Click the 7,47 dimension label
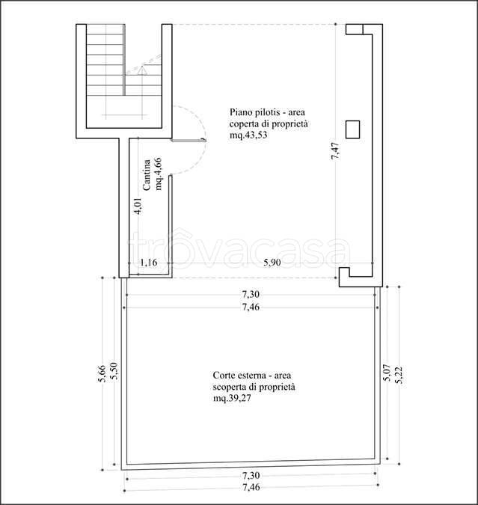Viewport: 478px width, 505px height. tap(335, 150)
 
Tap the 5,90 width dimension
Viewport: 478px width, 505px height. tap(272, 263)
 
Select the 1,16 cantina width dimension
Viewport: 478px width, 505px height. tap(149, 263)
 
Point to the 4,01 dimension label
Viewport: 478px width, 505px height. tap(138, 206)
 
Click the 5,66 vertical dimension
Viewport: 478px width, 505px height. tap(102, 373)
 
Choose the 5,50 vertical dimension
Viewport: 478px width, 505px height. tap(114, 371)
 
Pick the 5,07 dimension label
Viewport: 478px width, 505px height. tap(387, 373)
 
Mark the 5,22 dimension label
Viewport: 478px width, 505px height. tap(399, 376)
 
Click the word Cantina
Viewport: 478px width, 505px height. tap(147, 175)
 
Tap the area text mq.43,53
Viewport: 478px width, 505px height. tap(248, 135)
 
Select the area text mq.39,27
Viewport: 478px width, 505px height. tap(232, 398)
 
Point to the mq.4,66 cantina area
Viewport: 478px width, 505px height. tap(158, 174)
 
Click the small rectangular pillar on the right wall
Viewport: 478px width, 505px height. tap(352, 129)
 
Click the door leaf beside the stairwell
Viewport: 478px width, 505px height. tap(189, 140)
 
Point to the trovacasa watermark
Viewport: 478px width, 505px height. tap(239, 248)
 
